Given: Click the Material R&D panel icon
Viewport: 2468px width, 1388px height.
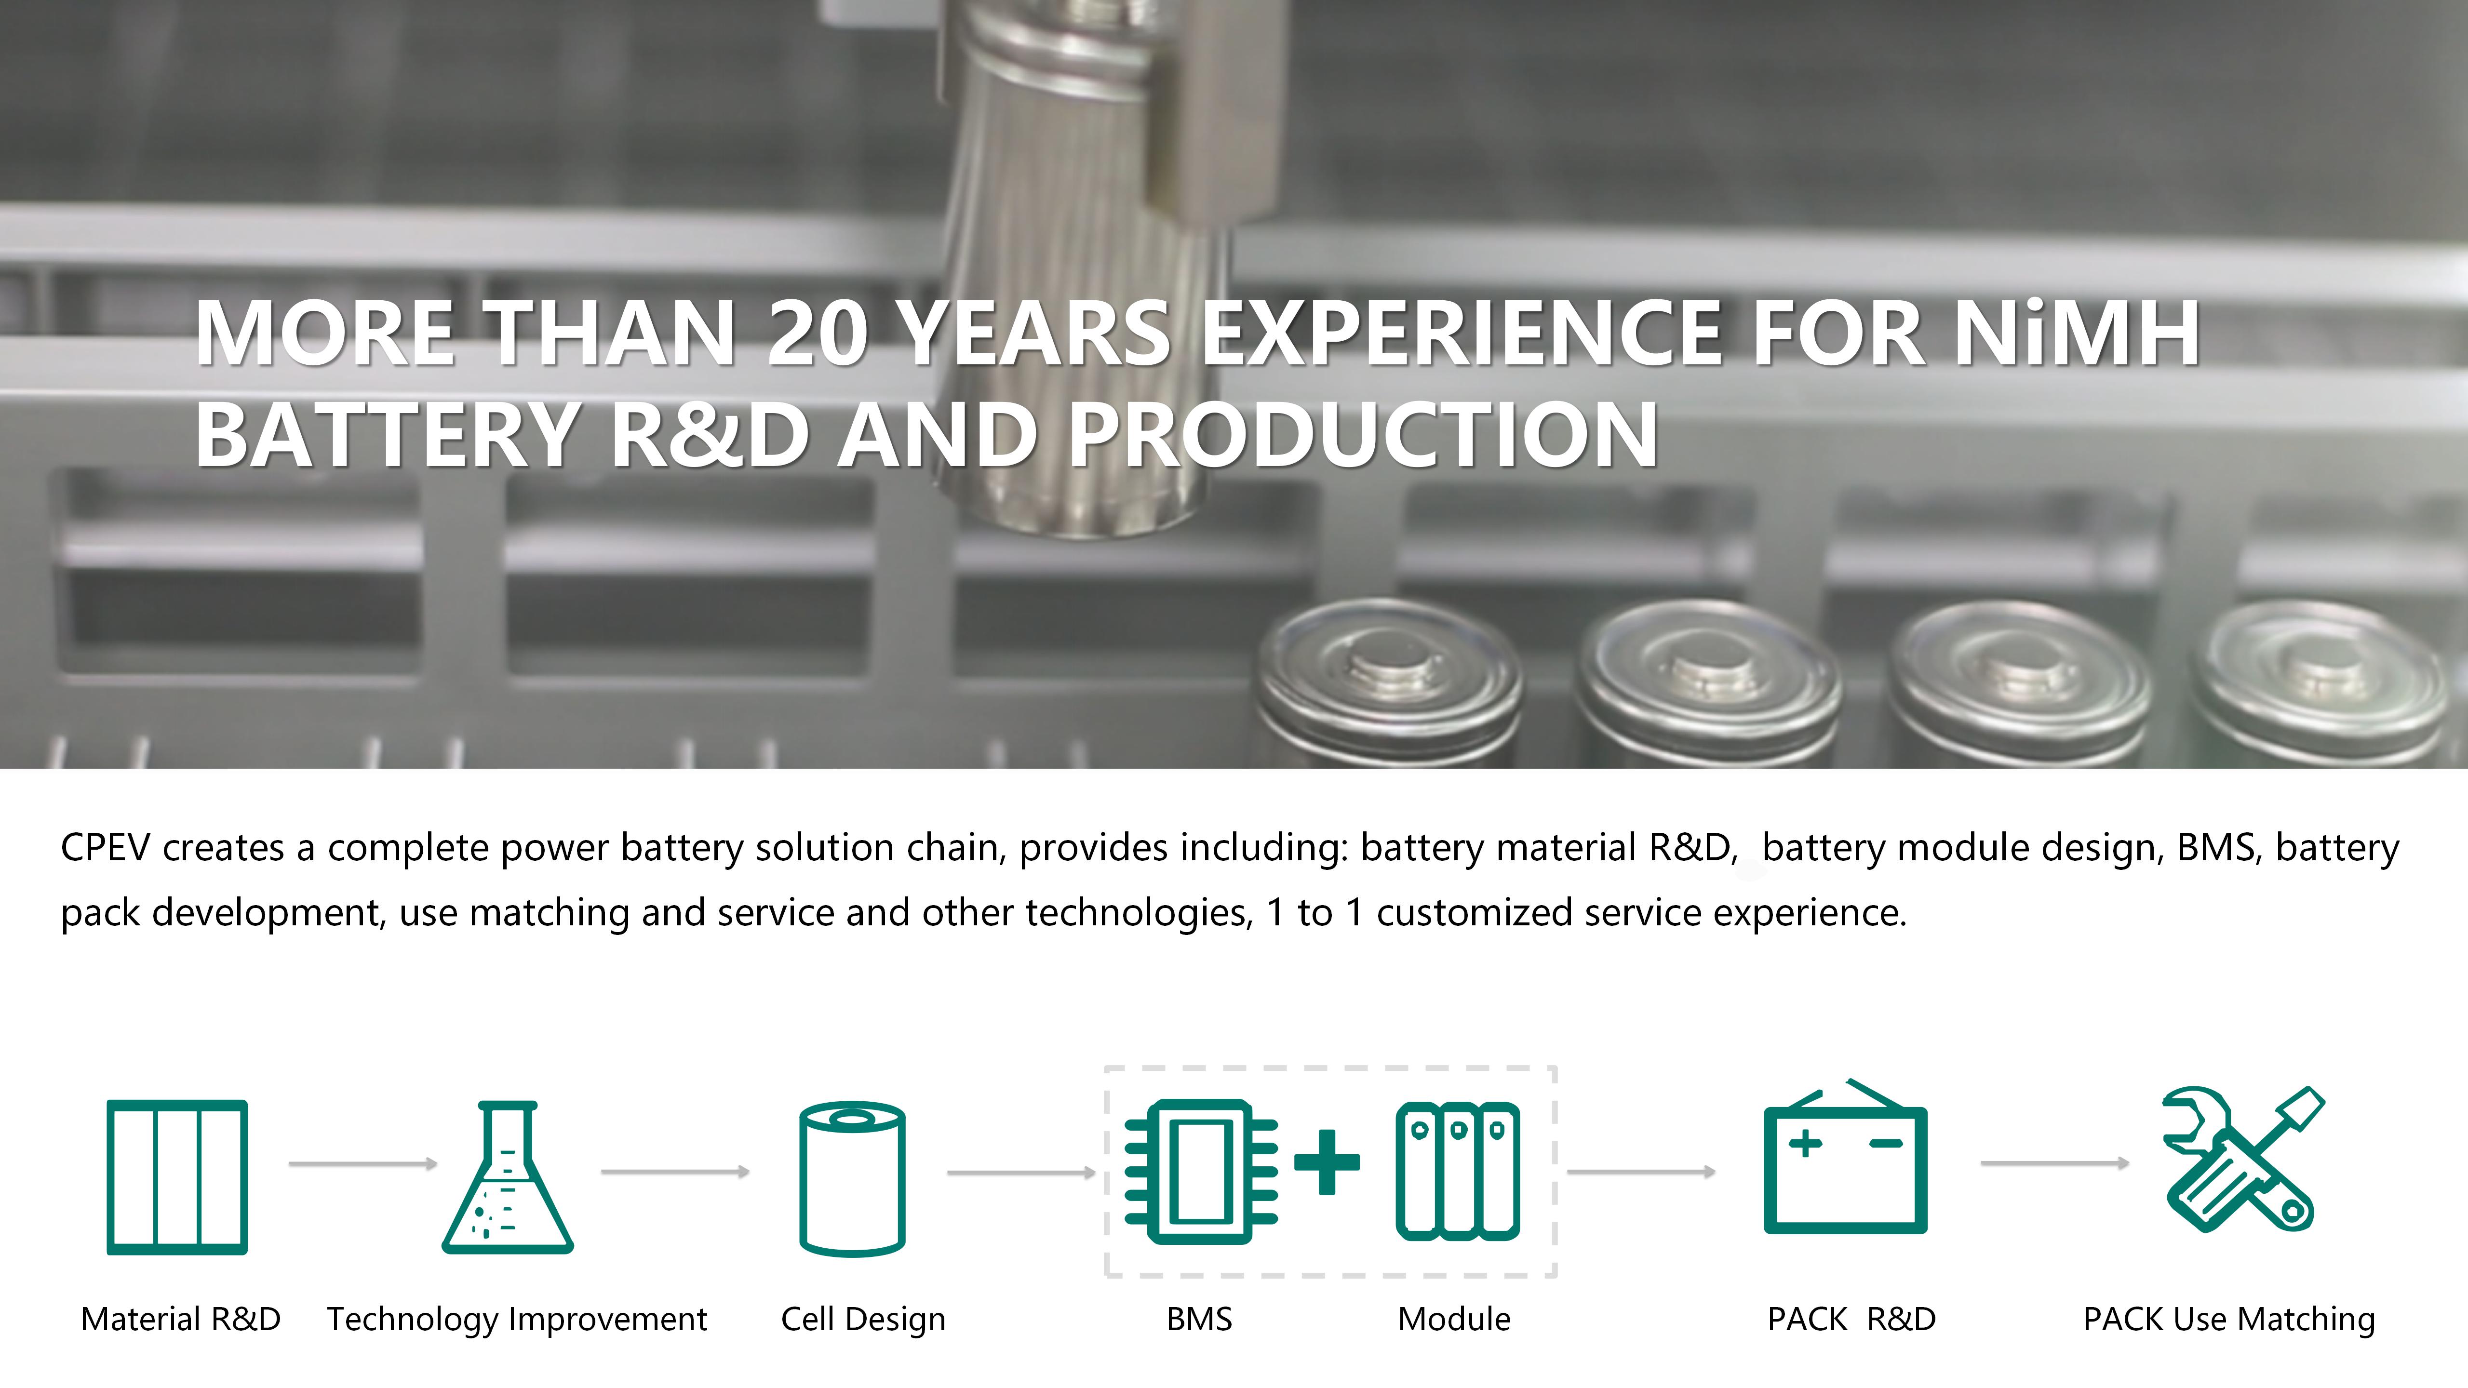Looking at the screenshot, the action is click(x=177, y=1177).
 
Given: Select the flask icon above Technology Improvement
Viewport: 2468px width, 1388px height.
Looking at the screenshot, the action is click(x=508, y=1177).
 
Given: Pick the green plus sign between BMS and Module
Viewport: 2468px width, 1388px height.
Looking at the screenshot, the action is click(x=1327, y=1162).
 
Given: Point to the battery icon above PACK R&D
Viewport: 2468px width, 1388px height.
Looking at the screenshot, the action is click(x=1845, y=1156).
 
